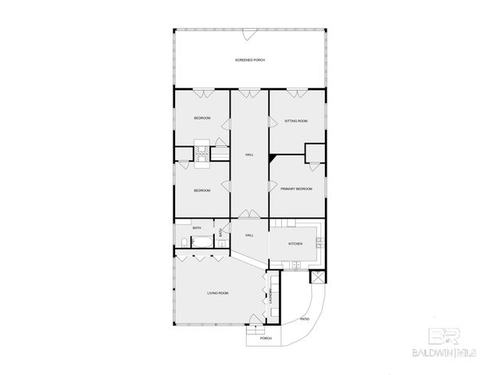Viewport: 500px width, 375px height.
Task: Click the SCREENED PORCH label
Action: click(248, 60)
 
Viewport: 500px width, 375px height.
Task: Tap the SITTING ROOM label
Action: click(296, 121)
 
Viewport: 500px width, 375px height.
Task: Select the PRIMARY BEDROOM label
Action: click(296, 189)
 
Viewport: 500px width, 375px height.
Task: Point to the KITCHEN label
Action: click(295, 244)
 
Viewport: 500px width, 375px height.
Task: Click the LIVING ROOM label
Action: click(217, 293)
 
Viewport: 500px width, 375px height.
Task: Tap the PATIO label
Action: click(305, 319)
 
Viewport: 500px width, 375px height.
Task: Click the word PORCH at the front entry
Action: click(266, 338)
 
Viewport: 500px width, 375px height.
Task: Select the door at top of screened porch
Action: click(248, 34)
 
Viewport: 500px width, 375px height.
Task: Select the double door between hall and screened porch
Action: click(248, 94)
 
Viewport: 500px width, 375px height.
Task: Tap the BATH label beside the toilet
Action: click(197, 228)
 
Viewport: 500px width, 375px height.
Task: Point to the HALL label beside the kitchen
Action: click(249, 235)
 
